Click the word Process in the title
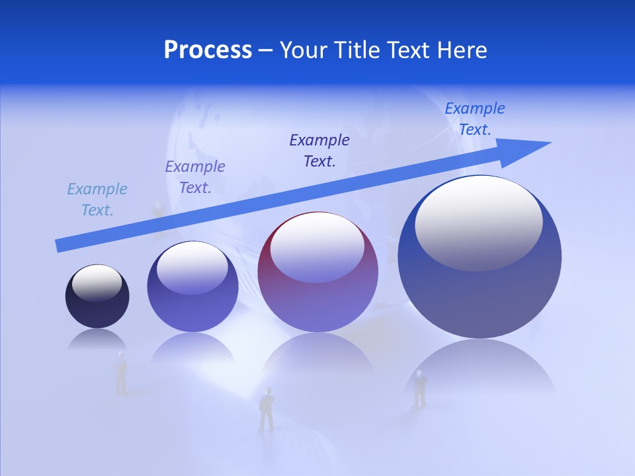(x=208, y=50)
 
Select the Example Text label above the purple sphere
(x=195, y=177)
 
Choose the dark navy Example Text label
(x=319, y=150)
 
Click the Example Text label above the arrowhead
(x=475, y=119)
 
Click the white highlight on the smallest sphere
(x=97, y=283)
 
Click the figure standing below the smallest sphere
(x=120, y=374)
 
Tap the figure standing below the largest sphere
(x=419, y=389)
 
